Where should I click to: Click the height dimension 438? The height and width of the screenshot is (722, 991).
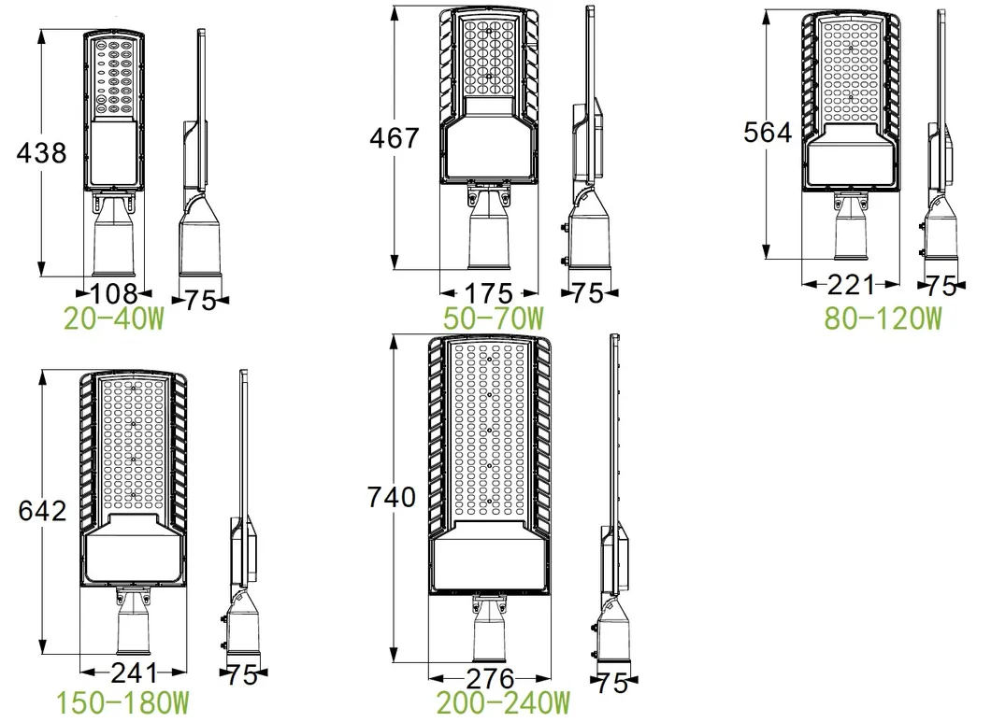(41, 152)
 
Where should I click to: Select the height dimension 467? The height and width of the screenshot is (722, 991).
(394, 139)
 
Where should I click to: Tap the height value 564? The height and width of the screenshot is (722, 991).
(768, 133)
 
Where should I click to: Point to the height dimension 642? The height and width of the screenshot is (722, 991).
(42, 511)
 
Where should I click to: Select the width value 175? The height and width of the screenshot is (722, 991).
(489, 292)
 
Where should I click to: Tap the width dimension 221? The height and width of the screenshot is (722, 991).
(851, 285)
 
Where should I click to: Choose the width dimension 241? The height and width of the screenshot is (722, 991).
(134, 672)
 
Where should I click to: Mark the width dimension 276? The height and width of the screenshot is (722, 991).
(490, 678)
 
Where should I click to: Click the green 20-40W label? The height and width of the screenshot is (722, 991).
(113, 319)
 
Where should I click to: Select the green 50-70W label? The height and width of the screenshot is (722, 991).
(494, 318)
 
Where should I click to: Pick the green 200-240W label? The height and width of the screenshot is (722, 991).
(503, 701)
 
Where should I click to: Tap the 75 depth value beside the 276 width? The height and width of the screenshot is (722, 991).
(612, 683)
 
